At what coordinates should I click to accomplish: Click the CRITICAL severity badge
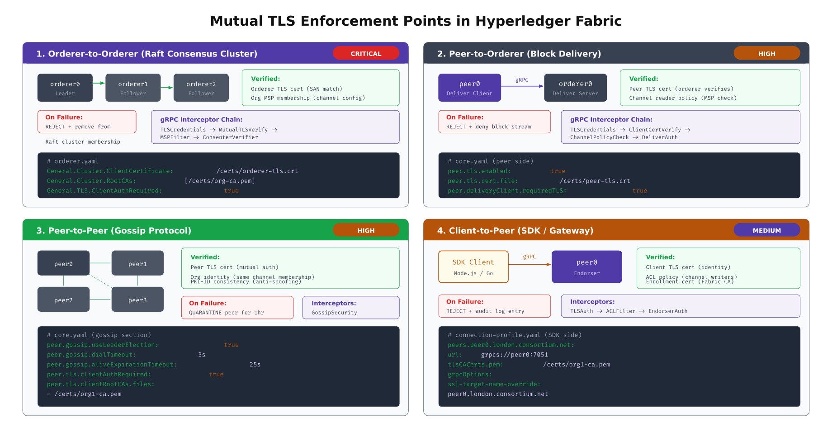(366, 53)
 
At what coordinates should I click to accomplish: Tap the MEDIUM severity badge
(766, 230)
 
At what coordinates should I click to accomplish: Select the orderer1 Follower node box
(133, 88)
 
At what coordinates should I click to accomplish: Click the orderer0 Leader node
(65, 88)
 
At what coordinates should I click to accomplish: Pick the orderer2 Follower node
(201, 88)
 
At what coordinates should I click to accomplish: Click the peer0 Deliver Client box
(469, 88)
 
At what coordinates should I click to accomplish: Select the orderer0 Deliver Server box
(575, 88)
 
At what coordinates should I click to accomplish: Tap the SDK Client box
(473, 267)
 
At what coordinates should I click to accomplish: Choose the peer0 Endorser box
(586, 267)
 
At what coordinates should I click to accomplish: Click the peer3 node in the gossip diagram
(137, 300)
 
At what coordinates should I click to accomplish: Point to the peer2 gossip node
(63, 300)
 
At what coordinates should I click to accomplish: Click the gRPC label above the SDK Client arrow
(529, 257)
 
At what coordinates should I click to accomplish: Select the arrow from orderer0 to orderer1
(99, 83)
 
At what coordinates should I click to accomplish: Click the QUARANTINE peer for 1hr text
(226, 313)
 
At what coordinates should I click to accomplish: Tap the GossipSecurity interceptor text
(334, 313)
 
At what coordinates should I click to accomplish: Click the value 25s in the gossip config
(255, 365)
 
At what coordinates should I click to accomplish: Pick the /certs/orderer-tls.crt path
(257, 171)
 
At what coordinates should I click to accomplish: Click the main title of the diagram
(416, 21)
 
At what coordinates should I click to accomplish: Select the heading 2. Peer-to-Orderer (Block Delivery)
(519, 54)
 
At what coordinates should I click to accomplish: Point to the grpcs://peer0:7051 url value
(514, 355)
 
